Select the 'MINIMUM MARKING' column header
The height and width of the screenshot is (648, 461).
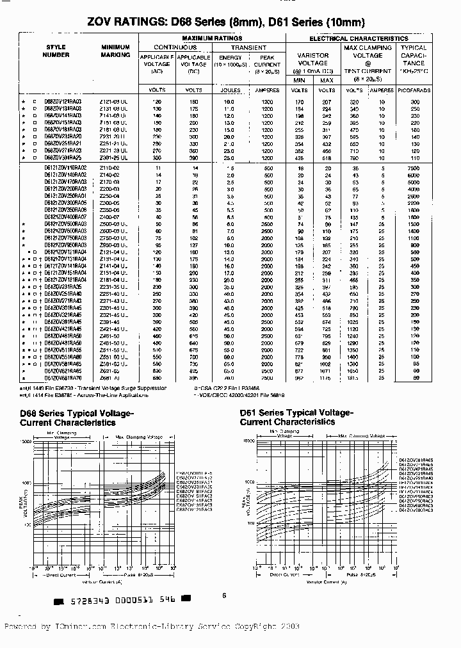(115, 51)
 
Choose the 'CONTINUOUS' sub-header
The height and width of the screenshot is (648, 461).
(175, 47)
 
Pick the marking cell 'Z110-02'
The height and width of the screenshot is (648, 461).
(109, 167)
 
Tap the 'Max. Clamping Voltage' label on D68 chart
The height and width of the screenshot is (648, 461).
(138, 437)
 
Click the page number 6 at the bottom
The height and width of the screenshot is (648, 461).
(224, 595)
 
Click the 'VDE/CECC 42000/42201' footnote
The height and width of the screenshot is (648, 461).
(238, 395)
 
